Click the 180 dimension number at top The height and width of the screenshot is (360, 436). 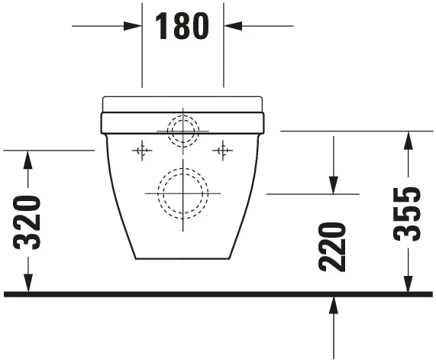182,26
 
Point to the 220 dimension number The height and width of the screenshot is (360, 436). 333,246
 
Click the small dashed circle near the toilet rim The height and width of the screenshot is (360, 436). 182,131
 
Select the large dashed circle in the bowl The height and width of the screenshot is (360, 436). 182,192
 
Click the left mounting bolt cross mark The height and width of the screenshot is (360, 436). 141,151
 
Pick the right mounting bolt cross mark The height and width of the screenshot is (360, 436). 223,151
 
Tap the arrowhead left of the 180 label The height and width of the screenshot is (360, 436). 134,26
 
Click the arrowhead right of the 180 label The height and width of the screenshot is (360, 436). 232,26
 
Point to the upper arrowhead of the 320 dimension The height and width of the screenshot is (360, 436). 28,159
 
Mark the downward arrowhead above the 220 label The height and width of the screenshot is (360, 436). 334,185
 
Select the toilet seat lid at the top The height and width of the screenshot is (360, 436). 182,103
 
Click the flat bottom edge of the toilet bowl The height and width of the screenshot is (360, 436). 182,258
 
